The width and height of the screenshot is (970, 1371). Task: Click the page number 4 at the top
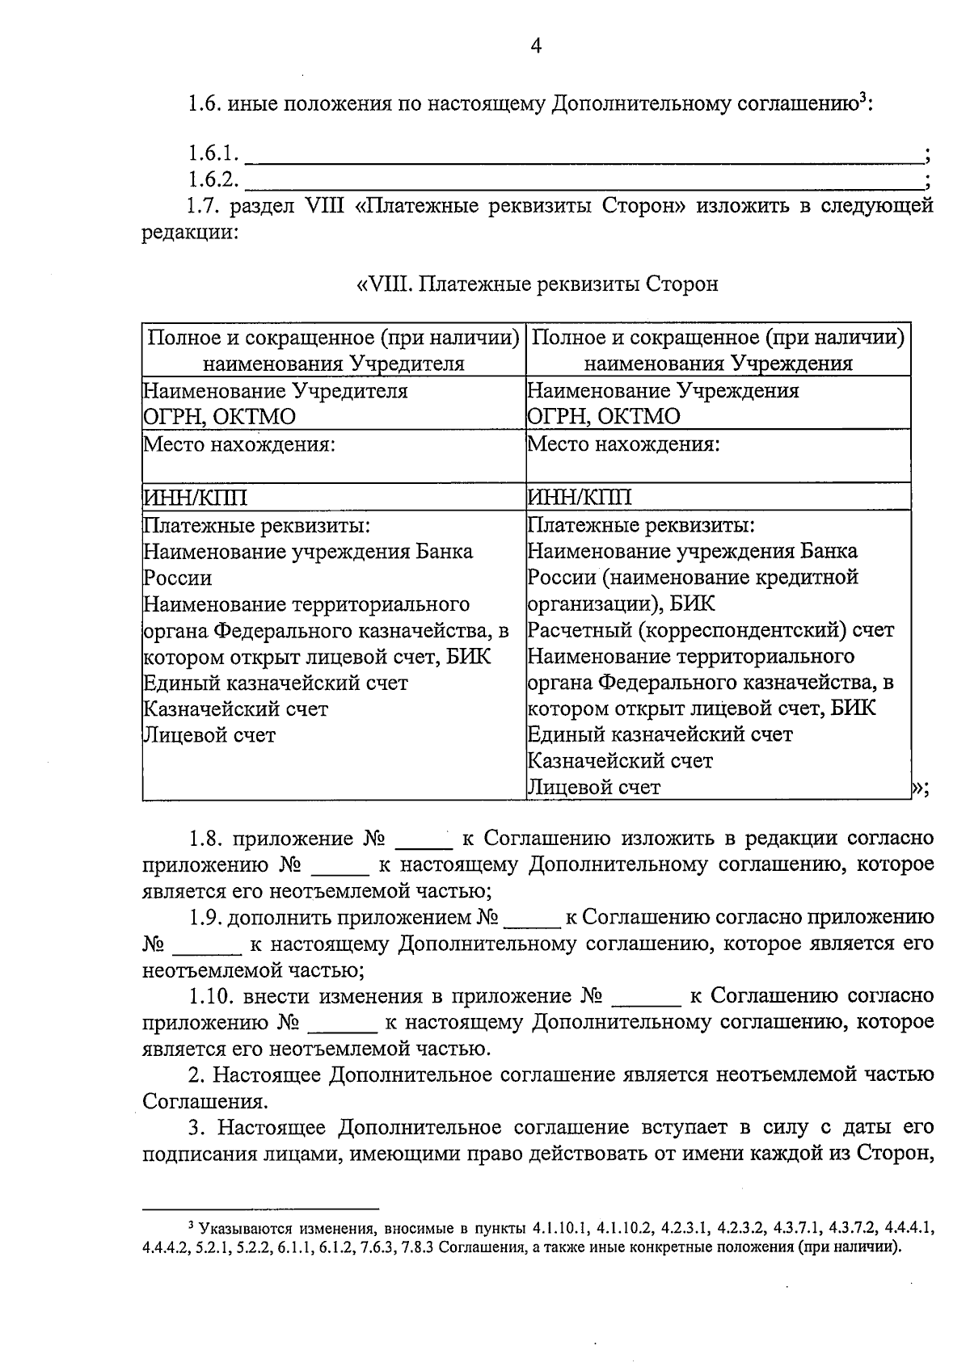tap(535, 46)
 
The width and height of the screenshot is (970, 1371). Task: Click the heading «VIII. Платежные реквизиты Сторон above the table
tap(537, 284)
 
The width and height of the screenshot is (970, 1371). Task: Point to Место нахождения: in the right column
tap(622, 444)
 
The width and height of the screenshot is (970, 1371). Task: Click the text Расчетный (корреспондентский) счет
tap(711, 630)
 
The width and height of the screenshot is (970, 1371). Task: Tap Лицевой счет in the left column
tap(209, 735)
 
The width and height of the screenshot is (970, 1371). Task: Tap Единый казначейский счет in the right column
tap(660, 734)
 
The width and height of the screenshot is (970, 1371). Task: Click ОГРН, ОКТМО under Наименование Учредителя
tap(219, 417)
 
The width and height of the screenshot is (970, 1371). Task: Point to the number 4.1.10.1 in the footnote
tap(563, 1229)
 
